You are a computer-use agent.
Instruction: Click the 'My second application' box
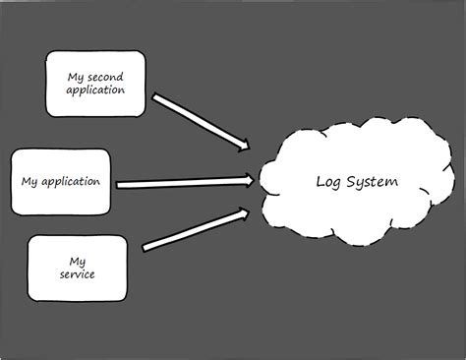(95, 84)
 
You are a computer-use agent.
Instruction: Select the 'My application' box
(60, 181)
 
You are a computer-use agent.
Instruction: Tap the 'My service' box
(78, 268)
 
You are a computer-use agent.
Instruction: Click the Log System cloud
(356, 182)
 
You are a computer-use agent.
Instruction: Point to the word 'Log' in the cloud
(328, 182)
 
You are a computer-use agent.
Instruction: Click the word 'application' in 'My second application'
(95, 90)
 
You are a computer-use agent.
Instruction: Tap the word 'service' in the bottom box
(78, 274)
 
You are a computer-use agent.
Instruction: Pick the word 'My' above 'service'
(78, 261)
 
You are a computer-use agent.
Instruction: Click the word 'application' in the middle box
(76, 181)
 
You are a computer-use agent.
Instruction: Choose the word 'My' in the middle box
(29, 181)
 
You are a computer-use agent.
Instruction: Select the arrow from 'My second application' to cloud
(197, 121)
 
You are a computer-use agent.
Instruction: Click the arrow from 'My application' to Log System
(182, 182)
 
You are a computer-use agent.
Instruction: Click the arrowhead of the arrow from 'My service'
(245, 211)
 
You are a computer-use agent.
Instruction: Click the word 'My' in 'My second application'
(75, 76)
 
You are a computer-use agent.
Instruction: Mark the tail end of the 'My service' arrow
(146, 246)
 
